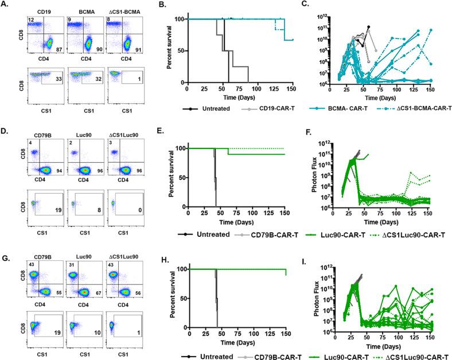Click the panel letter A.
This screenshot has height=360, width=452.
click(5, 5)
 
